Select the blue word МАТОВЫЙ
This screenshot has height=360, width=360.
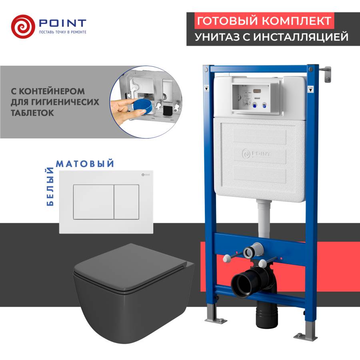coord(85,164)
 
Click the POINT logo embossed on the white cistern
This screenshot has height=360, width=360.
coord(257,153)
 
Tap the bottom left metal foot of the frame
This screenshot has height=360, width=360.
coord(210,320)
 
